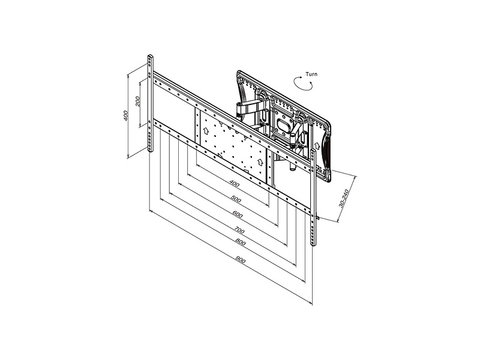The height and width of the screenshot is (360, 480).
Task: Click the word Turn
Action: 311,74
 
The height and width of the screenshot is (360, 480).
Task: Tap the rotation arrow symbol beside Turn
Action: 303,83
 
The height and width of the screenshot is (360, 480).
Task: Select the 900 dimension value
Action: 241,260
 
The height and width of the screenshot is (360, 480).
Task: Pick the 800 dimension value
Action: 241,242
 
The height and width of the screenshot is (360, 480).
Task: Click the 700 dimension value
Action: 239,230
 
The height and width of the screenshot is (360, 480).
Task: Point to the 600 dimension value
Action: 238,215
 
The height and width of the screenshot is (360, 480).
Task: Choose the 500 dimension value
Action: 236,199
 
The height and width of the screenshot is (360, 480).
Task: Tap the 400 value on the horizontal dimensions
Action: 234,184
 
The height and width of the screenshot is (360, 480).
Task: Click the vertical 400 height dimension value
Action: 125,115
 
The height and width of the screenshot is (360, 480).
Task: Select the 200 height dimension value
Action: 138,101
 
